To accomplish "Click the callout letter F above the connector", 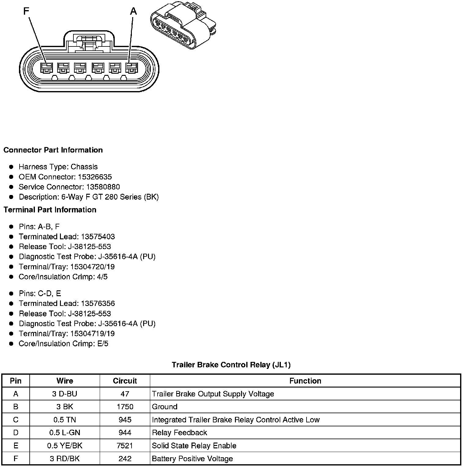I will [x=26, y=11].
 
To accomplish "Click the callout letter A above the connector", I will [x=133, y=11].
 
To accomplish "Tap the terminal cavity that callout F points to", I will [x=46, y=68].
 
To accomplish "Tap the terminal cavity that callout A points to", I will [x=132, y=68].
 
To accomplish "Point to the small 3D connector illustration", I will [x=183, y=26].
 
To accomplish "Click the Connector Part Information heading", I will [x=53, y=150].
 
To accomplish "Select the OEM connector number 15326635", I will [x=95, y=177].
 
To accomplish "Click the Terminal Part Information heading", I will [x=50, y=210].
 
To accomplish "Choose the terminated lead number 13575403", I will [x=98, y=237].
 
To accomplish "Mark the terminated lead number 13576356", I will [x=98, y=303].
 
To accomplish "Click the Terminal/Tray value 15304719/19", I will [x=92, y=333].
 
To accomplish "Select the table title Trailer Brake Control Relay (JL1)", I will [x=231, y=365].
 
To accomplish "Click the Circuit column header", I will [x=125, y=381].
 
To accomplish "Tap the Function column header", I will [x=305, y=381].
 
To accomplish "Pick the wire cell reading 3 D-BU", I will [x=65, y=394].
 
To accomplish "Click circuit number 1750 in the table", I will [x=125, y=407].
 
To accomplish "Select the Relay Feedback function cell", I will [x=179, y=433].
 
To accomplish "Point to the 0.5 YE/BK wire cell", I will [x=65, y=446].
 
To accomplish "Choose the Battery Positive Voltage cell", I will [x=192, y=459].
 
